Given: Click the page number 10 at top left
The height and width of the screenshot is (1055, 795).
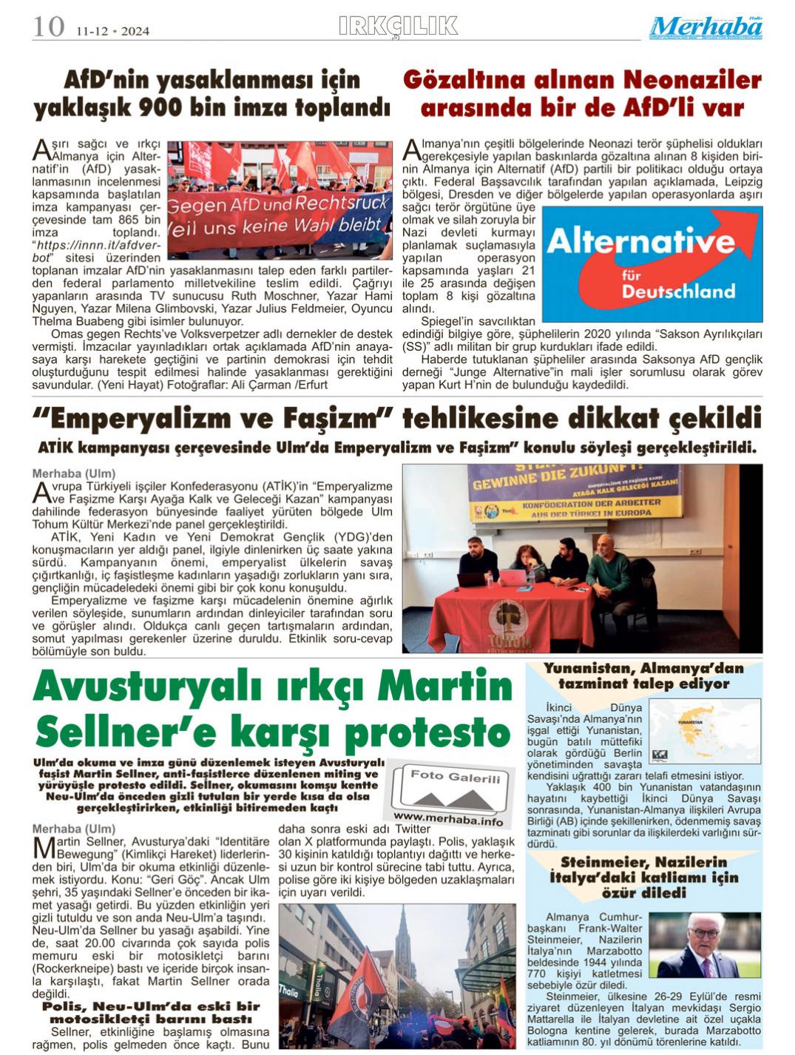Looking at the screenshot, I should click(49, 27).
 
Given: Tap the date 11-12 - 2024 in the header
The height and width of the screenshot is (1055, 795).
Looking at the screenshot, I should click(112, 31).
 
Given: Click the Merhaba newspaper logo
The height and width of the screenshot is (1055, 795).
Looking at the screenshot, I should click(707, 27).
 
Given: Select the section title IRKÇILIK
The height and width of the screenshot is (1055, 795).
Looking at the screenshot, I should click(398, 27).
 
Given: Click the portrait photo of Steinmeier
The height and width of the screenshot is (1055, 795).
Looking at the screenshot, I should click(709, 944).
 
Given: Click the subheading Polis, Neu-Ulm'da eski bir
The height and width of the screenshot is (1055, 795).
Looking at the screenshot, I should click(151, 1006).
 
